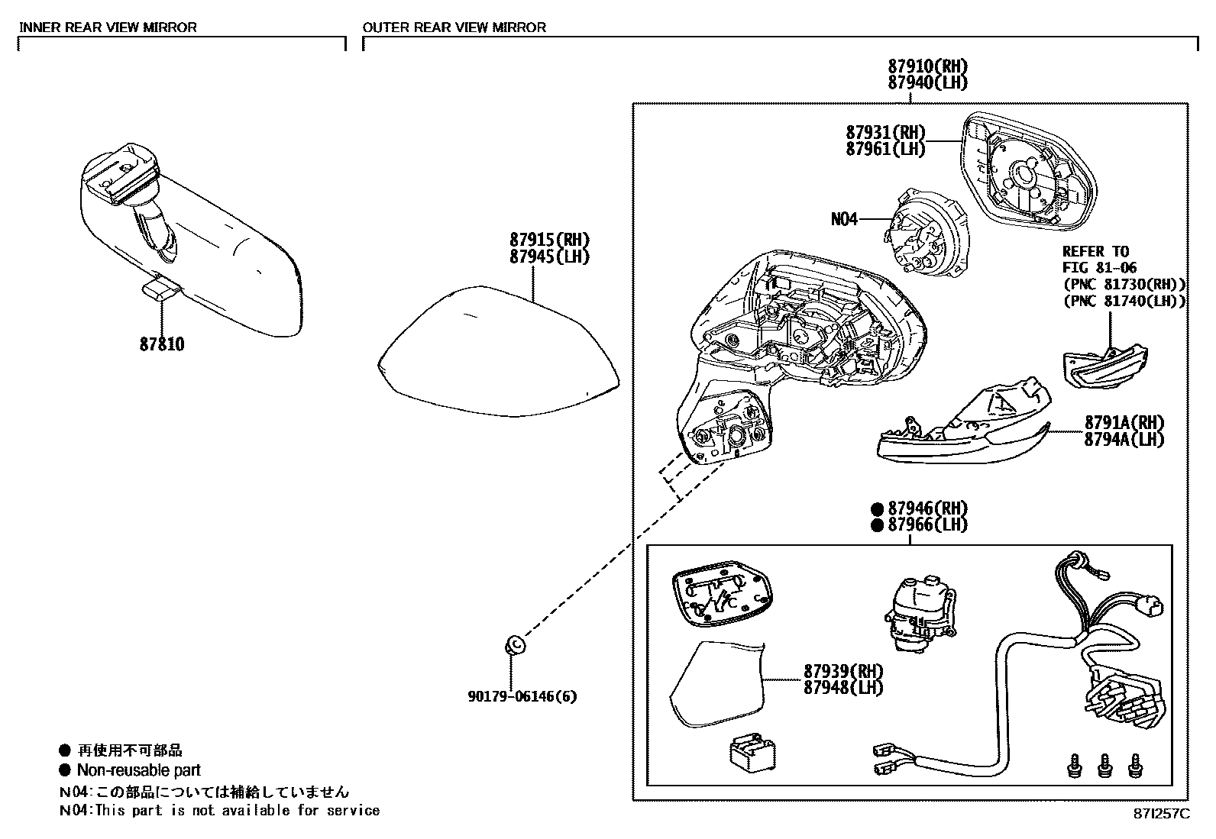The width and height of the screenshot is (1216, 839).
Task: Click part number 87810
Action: coord(161,344)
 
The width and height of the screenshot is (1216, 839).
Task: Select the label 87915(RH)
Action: coord(550,240)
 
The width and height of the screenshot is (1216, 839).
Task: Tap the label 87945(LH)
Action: coord(550,257)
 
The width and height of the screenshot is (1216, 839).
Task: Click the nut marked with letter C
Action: coord(516,645)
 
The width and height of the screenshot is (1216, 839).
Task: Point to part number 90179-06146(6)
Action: coord(522,696)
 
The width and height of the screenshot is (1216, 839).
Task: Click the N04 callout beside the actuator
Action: coord(844,219)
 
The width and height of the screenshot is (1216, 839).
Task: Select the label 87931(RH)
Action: coord(885,132)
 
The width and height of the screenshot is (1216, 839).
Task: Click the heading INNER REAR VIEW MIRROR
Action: coord(108,27)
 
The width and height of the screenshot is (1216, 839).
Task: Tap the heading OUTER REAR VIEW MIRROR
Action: coord(454,27)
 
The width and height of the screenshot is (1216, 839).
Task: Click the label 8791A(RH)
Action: coord(1124,422)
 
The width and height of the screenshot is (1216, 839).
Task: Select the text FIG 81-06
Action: coord(1099,267)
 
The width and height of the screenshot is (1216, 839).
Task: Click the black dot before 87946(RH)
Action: coord(876,508)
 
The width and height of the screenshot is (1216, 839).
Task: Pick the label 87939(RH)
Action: coord(842,670)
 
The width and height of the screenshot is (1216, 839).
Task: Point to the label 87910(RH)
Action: coord(927,66)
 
